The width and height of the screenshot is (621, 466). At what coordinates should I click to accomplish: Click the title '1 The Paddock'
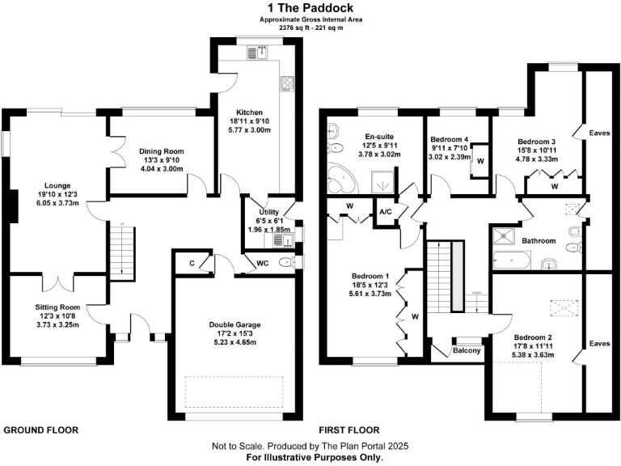pyautogui.click(x=310, y=7)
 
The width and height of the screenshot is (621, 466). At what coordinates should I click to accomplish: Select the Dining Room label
pyautogui.click(x=163, y=151)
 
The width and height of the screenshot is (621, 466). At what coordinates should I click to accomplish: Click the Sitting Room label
pyautogui.click(x=57, y=307)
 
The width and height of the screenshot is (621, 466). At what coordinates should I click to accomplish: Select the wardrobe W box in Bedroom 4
pyautogui.click(x=480, y=159)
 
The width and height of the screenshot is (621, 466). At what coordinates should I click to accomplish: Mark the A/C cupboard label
pyautogui.click(x=387, y=212)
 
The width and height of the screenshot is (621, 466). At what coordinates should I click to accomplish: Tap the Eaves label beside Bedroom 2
pyautogui.click(x=599, y=343)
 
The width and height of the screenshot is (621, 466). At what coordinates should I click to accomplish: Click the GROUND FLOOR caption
pyautogui.click(x=41, y=430)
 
